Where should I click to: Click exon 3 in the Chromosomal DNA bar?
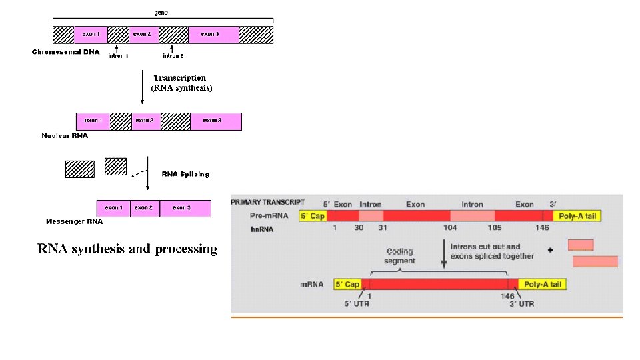point(211,34)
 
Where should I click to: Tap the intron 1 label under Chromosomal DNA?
point(118,56)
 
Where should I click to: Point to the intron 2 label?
point(173,56)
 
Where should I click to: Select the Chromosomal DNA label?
point(66,52)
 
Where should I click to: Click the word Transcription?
point(180,77)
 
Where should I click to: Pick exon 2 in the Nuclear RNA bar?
point(144,121)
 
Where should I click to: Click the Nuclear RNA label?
point(65,135)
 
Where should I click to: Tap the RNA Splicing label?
point(185,174)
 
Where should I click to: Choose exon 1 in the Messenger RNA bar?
point(113,208)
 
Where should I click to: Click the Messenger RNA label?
point(74,221)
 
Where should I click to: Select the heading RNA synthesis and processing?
point(127,249)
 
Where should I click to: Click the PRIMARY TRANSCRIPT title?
point(268,202)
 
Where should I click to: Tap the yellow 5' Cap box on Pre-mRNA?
point(313,216)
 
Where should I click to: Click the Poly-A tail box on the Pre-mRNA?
point(578,216)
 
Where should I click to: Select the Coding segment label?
point(400,256)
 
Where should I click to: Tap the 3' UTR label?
point(522,304)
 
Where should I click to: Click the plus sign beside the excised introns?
point(550,251)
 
